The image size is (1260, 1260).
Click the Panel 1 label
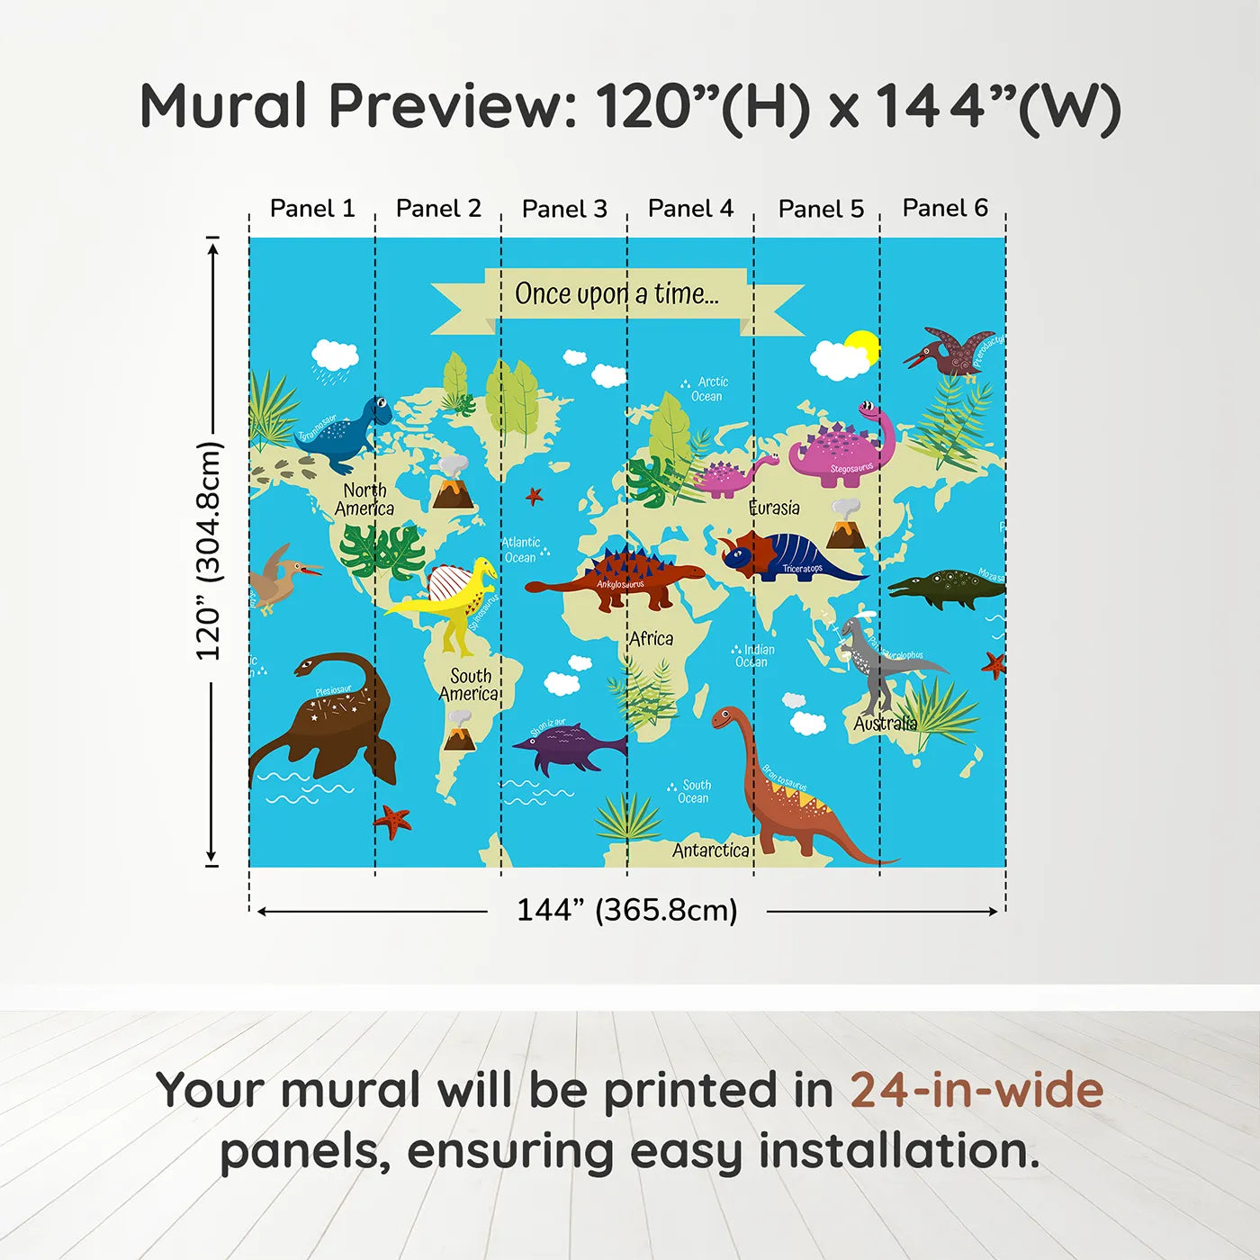312,209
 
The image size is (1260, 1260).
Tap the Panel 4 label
690,209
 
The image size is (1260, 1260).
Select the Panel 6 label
945,208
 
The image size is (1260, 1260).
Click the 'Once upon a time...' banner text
616,294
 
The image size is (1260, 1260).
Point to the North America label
364,499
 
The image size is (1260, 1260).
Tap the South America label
469,685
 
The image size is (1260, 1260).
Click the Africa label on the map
651,639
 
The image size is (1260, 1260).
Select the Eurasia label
774,508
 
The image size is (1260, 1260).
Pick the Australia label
885,724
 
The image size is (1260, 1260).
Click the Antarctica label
711,850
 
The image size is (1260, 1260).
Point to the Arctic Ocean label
708,389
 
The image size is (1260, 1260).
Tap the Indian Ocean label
754,655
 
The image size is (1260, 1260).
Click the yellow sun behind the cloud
865,346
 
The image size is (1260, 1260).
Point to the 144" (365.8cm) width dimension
626,910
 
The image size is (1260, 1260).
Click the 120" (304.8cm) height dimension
209,551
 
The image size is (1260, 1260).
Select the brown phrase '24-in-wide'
976,1090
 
